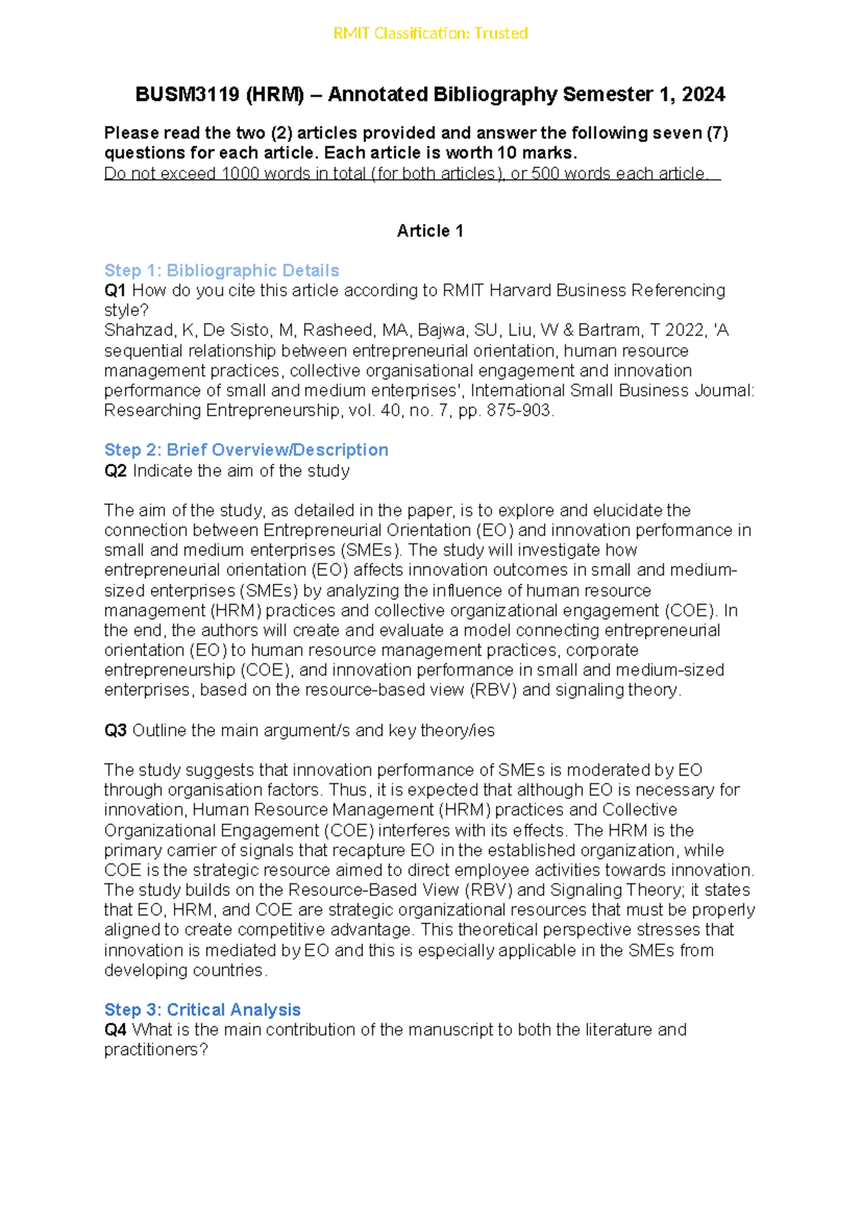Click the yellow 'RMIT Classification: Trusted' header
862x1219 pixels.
pyautogui.click(x=430, y=33)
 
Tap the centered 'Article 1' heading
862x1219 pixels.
pyautogui.click(x=430, y=231)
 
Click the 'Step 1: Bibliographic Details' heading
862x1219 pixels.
pyautogui.click(x=221, y=270)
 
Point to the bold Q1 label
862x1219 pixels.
pyautogui.click(x=115, y=290)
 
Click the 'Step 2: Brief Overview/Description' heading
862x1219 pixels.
pyautogui.click(x=246, y=450)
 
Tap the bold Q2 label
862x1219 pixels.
pyautogui.click(x=115, y=471)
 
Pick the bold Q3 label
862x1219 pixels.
pyautogui.click(x=115, y=731)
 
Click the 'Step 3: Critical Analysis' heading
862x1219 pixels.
pyautogui.click(x=202, y=1010)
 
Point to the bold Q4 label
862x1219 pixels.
pyautogui.click(x=115, y=1030)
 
